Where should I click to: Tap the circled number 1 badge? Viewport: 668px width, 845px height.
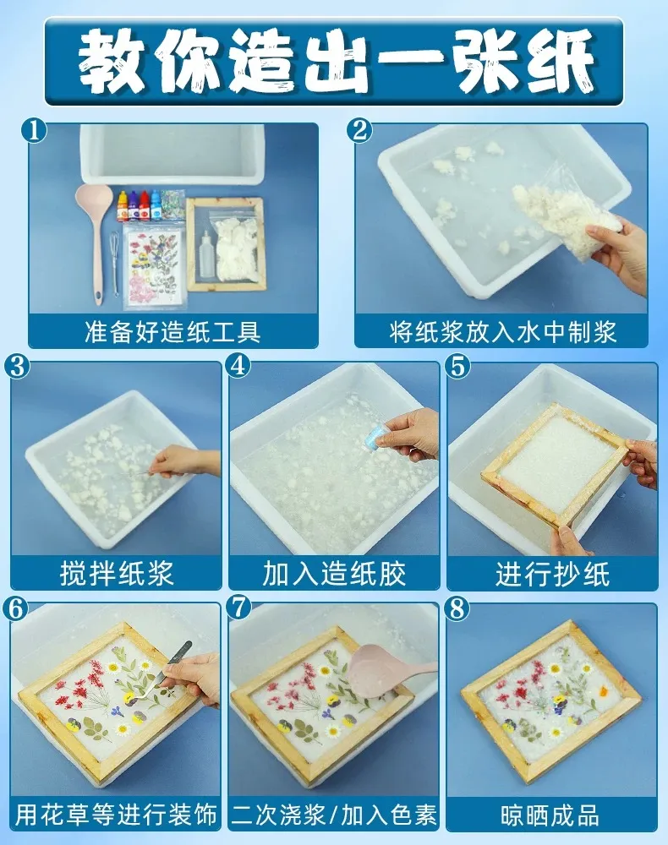pos(35,131)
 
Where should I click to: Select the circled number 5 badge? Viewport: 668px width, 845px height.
pos(457,367)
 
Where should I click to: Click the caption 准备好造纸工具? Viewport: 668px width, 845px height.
pos(173,332)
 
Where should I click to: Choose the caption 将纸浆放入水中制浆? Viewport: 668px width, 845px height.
pos(502,332)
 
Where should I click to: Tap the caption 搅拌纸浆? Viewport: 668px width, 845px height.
pos(117,573)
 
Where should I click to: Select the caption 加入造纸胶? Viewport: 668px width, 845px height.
pos(334,573)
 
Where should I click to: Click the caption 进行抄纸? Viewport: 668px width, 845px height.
pos(553,573)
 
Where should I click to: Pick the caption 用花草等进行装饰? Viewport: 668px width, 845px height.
pos(116,815)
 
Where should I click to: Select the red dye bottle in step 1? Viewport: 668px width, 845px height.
pos(145,207)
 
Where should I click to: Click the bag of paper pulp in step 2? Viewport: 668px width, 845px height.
pos(566,213)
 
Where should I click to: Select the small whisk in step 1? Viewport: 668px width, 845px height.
pos(114,264)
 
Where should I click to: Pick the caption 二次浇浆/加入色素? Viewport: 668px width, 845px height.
pos(334,815)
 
